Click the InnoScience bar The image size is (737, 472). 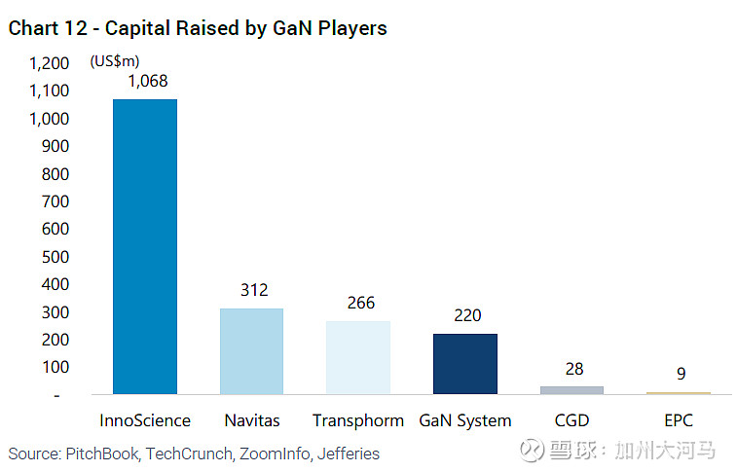[145, 246]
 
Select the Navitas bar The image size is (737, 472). [251, 351]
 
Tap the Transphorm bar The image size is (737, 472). [358, 357]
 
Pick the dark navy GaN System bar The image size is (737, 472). [465, 364]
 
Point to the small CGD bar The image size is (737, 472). [572, 390]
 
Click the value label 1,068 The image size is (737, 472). [148, 81]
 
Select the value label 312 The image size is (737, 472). [254, 290]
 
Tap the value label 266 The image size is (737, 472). [361, 303]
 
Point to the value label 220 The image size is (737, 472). [467, 315]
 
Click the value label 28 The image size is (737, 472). [574, 369]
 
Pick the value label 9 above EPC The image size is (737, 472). [682, 374]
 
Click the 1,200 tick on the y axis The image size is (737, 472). [50, 63]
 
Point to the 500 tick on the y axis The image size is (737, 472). [55, 257]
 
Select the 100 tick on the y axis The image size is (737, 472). [55, 367]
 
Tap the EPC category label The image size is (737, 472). [679, 420]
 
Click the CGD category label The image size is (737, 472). [572, 420]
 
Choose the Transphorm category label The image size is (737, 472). [358, 421]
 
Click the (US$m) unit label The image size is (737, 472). [115, 61]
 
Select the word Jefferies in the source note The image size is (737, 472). [349, 454]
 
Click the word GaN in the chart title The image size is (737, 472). [292, 28]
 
